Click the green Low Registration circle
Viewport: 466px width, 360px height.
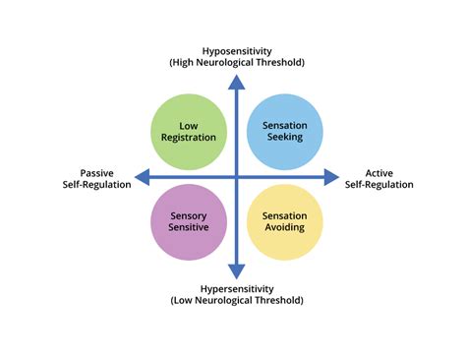190,132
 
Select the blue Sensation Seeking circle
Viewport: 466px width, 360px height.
283,132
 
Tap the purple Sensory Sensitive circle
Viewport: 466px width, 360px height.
190,221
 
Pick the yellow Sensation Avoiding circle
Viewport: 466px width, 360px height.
283,221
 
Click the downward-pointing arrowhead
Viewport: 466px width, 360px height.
237,271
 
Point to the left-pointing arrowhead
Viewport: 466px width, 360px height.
142,177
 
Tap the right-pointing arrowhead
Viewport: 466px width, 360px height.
331,177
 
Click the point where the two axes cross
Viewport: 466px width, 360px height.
237,177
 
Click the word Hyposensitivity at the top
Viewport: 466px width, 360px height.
237,50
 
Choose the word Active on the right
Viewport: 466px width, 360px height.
379,172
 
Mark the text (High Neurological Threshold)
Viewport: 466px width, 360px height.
237,63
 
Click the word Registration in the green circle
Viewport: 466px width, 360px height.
190,139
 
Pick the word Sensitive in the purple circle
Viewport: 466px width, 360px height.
190,228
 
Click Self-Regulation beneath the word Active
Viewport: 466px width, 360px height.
379,185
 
